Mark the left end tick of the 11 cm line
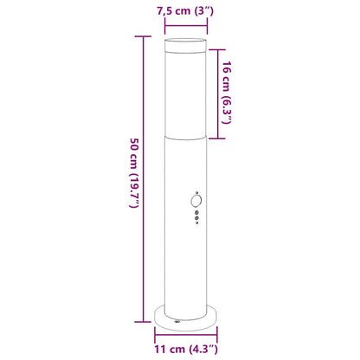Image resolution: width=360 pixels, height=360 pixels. pyautogui.click(x=155, y=339)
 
